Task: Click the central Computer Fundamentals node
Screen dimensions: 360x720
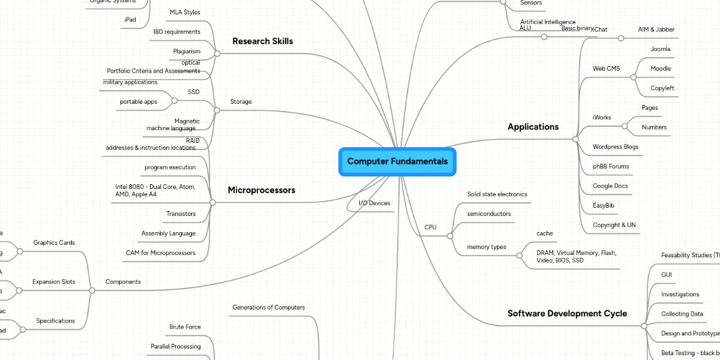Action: [397, 161]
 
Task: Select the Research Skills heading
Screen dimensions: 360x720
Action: [262, 41]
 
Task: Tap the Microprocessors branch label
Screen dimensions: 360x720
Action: [261, 190]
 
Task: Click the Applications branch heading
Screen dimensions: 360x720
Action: [533, 127]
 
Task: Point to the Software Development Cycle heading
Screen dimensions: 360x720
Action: [567, 313]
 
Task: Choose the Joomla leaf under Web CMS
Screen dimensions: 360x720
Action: [660, 49]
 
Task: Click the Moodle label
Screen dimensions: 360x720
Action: [661, 68]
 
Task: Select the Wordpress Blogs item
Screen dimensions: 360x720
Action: [615, 147]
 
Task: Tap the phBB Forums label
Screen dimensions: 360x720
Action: [611, 166]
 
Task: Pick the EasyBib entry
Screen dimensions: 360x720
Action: [603, 205]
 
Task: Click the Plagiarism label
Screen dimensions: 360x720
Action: [187, 52]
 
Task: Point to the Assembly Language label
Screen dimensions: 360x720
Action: [168, 233]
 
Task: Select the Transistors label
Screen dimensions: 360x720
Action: [181, 214]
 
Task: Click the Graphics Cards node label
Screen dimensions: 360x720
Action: [54, 243]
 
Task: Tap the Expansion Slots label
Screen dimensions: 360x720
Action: [53, 281]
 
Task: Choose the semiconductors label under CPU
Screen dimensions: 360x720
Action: [489, 214]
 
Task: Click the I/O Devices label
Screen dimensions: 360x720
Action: [374, 203]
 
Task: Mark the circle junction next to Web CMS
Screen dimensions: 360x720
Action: [633, 77]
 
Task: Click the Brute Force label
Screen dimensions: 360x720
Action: [185, 327]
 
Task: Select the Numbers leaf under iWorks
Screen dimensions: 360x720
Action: [654, 127]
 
